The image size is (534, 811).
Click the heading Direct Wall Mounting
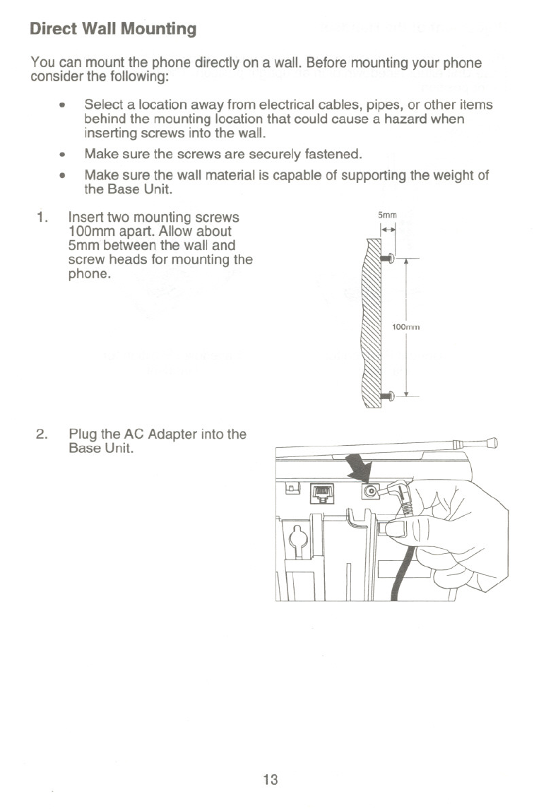click(113, 29)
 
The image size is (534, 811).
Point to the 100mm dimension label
click(406, 327)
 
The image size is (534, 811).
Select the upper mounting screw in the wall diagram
click(386, 259)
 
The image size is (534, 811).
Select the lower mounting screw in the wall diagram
click(386, 396)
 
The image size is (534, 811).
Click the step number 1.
click(41, 217)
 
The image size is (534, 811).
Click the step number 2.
click(41, 434)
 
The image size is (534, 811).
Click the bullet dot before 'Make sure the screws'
click(63, 153)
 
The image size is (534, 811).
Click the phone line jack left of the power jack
click(322, 492)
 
